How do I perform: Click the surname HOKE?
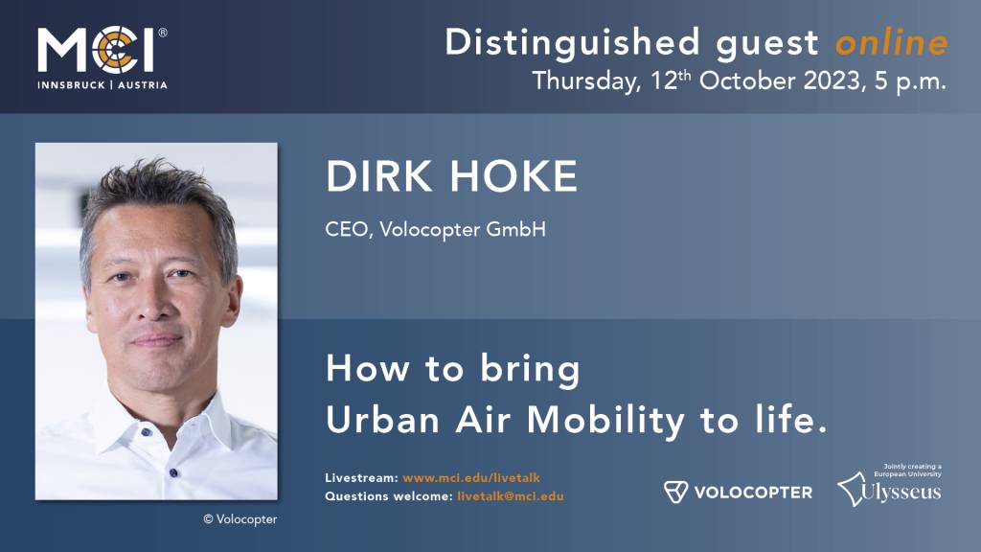tap(521, 177)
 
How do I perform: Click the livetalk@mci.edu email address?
tap(510, 496)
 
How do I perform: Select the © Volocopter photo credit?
tap(240, 519)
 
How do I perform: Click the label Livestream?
tap(360, 477)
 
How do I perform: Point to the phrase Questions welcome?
tap(387, 496)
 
